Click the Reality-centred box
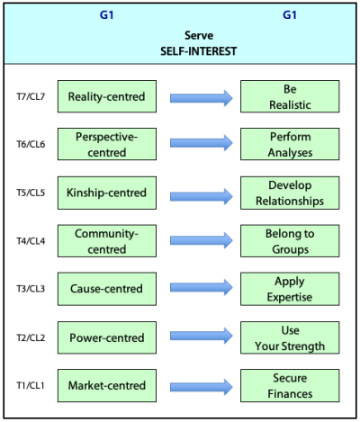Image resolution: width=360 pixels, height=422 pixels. (107, 96)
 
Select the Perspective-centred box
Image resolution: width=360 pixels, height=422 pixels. (107, 144)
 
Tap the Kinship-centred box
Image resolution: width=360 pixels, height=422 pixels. (107, 193)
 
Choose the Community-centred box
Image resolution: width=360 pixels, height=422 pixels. (107, 241)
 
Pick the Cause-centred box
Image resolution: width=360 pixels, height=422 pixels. (107, 289)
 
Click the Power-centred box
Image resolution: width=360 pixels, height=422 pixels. (107, 337)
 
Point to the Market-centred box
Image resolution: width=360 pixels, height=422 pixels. (107, 385)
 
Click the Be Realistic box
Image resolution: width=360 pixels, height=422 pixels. (290, 96)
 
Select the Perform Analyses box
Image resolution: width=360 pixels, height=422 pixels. (290, 144)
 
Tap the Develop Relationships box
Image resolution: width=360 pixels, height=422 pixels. (290, 193)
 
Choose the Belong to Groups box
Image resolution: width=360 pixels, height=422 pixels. (290, 241)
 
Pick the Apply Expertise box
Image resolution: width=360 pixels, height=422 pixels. (290, 289)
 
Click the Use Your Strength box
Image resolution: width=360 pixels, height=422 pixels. (290, 337)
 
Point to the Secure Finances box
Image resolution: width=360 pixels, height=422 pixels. (290, 385)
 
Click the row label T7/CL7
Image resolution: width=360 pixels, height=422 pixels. (31, 96)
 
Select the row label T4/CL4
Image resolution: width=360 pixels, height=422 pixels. (31, 241)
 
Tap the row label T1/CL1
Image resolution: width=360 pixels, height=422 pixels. (31, 385)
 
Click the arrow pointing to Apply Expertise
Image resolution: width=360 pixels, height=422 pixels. (202, 288)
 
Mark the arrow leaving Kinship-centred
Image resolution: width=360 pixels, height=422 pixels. (202, 196)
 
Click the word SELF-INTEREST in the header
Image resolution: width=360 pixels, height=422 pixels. (199, 51)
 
